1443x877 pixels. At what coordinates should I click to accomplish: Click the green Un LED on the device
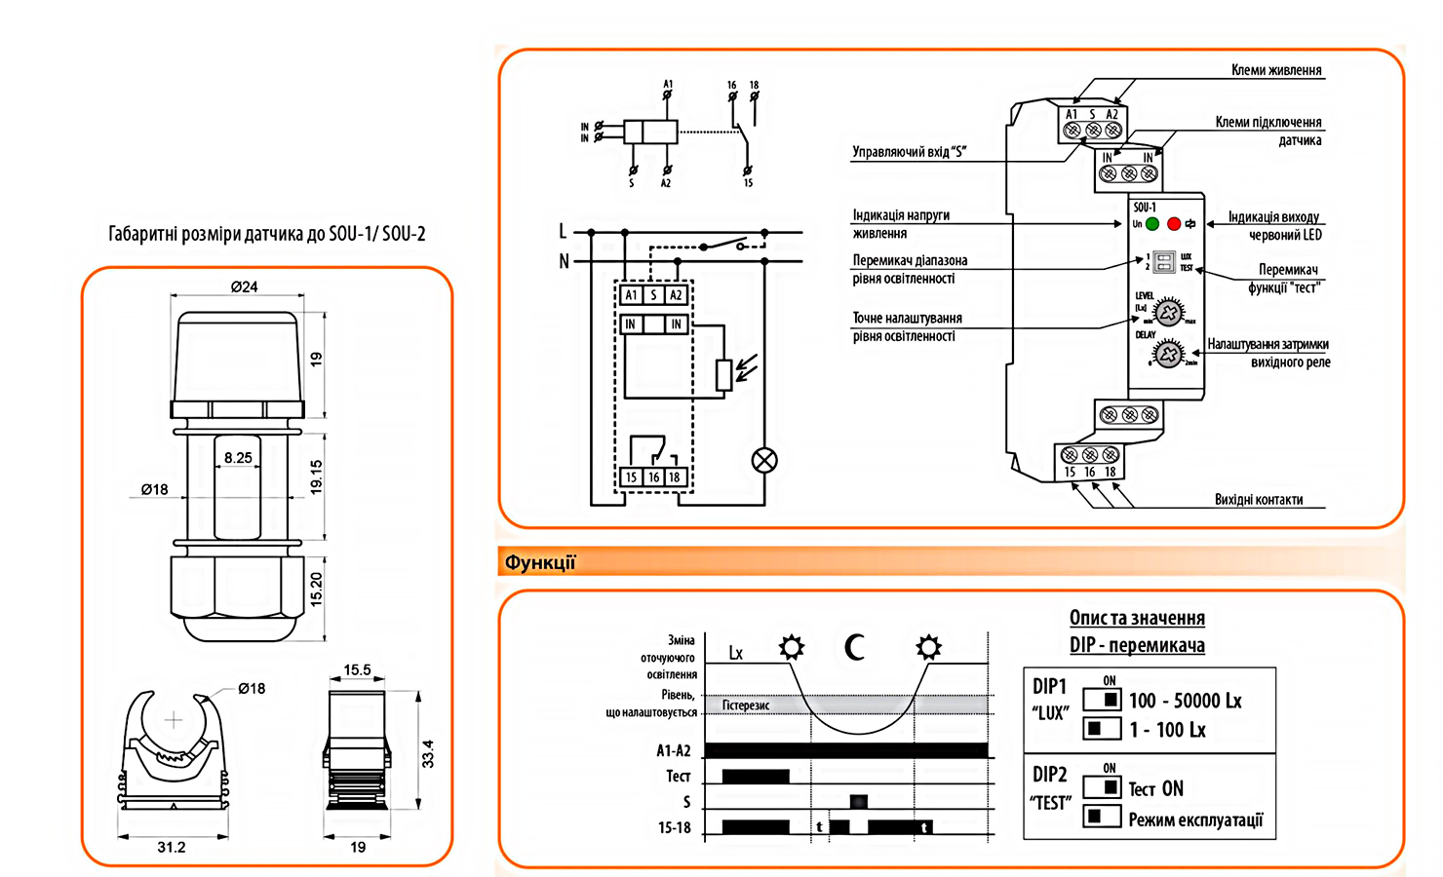[x=1152, y=224]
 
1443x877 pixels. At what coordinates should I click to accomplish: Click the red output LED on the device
[x=1174, y=224]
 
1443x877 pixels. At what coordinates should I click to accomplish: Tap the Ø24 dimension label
[x=244, y=286]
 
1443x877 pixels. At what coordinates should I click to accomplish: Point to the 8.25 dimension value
[x=238, y=457]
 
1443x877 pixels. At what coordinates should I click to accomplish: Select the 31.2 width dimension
[x=172, y=847]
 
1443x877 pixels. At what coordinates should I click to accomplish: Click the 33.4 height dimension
[x=428, y=753]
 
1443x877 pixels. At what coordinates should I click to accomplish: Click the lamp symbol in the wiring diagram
[x=764, y=461]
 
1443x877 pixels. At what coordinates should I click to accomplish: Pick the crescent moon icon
[x=855, y=647]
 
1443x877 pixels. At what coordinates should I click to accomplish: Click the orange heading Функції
[x=540, y=562]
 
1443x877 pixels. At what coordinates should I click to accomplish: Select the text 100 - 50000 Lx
[x=1185, y=701]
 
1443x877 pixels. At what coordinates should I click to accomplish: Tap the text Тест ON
[x=1155, y=789]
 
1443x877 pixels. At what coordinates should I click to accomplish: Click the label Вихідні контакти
[x=1258, y=500]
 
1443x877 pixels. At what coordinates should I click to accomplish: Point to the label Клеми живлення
[x=1275, y=70]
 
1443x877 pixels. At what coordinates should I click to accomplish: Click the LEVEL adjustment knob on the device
[x=1168, y=311]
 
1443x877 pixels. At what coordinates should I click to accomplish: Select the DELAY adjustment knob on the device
[x=1168, y=352]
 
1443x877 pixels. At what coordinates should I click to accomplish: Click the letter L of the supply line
[x=563, y=231]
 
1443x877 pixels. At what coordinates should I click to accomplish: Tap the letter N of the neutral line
[x=564, y=261]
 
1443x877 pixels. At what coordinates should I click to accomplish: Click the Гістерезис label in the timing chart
[x=746, y=705]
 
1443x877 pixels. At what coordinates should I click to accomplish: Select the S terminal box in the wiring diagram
[x=653, y=295]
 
